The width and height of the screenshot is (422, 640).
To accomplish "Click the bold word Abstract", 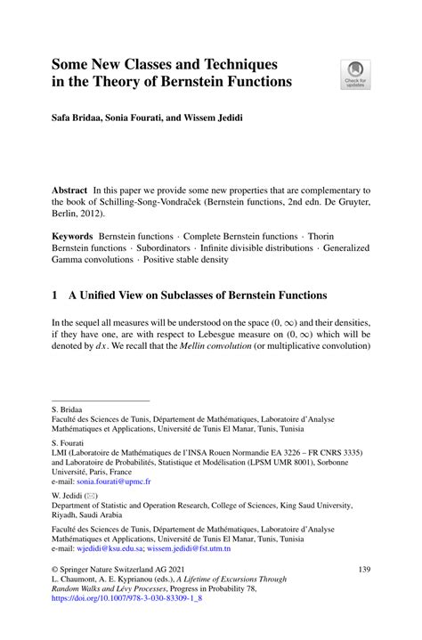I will pyautogui.click(x=72, y=190).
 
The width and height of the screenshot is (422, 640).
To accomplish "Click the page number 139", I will pyautogui.click(x=363, y=568).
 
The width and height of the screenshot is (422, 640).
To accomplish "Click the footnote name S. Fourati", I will pyautogui.click(x=67, y=442).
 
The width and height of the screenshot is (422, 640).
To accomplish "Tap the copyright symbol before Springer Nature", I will pyautogui.click(x=55, y=568).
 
